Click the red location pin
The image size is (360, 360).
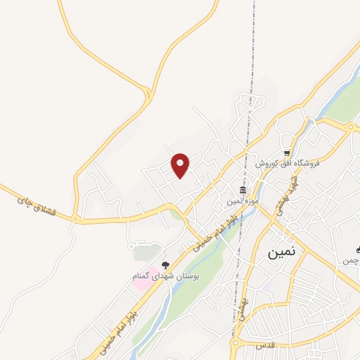(181, 165)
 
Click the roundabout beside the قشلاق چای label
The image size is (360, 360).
(75, 220)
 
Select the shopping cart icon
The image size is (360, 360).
(287, 153)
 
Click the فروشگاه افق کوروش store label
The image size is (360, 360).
(288, 163)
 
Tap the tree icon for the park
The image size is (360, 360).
(165, 265)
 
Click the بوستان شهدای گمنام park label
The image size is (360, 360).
(166, 276)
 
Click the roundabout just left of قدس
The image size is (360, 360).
(236, 344)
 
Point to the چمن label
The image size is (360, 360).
(350, 261)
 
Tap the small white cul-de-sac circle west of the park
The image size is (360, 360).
(131, 247)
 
